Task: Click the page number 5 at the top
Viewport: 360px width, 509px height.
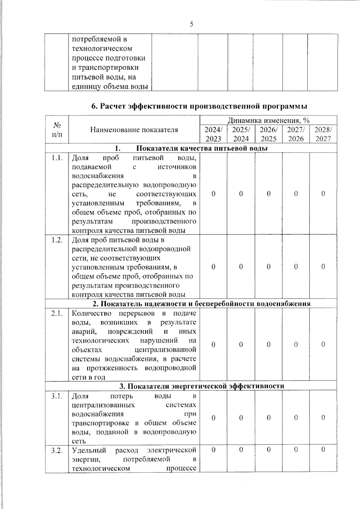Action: click(x=191, y=24)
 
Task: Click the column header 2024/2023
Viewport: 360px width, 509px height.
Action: click(x=213, y=134)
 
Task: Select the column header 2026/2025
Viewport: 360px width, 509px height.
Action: click(x=268, y=134)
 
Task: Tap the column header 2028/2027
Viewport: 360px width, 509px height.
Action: click(x=323, y=134)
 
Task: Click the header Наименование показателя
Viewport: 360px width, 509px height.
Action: click(x=134, y=130)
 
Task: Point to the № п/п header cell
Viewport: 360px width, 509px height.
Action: click(x=57, y=129)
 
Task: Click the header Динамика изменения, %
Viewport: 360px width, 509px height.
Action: click(x=268, y=121)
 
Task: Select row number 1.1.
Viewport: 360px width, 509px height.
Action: click(x=57, y=158)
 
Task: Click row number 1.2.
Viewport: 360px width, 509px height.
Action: click(x=57, y=240)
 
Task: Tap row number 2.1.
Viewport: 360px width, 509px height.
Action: click(x=57, y=314)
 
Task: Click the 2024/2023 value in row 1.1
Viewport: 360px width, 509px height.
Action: click(x=213, y=194)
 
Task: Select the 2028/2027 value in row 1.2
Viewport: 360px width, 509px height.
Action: click(x=323, y=267)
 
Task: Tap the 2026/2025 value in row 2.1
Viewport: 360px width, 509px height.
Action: click(x=268, y=345)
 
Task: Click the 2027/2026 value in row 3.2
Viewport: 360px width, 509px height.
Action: click(x=296, y=450)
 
